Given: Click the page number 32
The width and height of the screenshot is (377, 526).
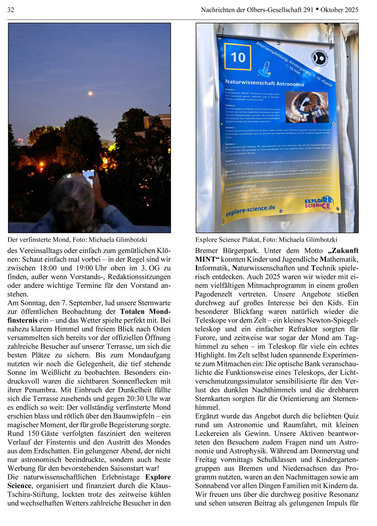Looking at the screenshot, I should pyautogui.click(x=11, y=10).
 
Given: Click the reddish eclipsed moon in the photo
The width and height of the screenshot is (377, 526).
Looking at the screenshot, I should pyautogui.click(x=90, y=93).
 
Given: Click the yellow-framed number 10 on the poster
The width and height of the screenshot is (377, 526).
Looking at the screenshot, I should pyautogui.click(x=238, y=57).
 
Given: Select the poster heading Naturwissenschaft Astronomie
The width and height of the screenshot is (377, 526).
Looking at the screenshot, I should pyautogui.click(x=265, y=83).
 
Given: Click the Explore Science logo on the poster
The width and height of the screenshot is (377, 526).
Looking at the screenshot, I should pyautogui.click(x=318, y=203).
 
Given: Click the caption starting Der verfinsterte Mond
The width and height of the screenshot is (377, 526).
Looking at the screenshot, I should pyautogui.click(x=77, y=240).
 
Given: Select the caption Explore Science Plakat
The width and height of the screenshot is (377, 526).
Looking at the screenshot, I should pyautogui.click(x=266, y=240).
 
